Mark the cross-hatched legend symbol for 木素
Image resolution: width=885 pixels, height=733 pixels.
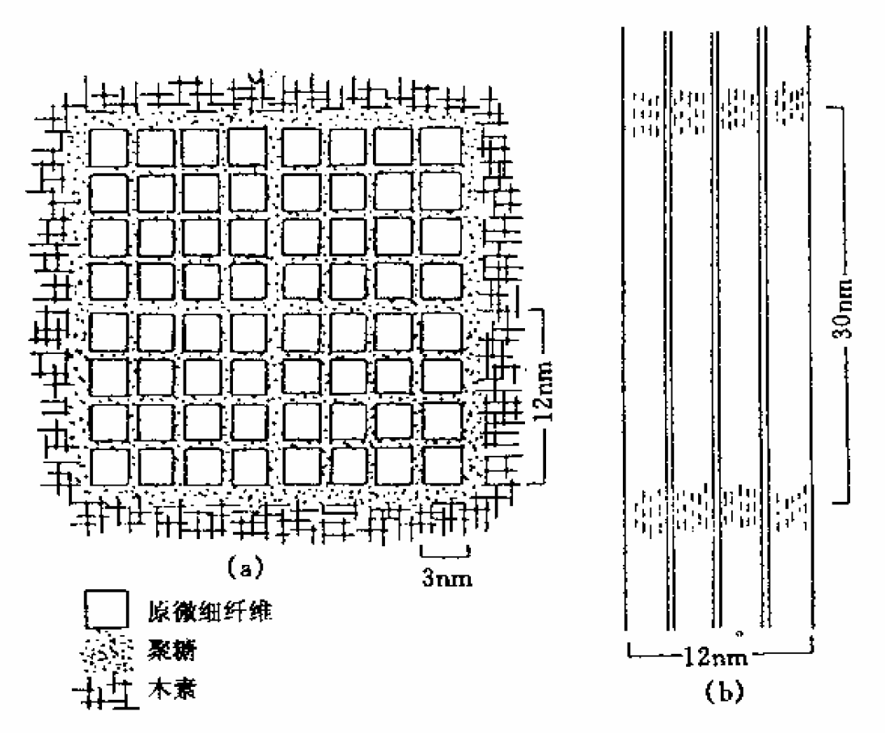point(109,692)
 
